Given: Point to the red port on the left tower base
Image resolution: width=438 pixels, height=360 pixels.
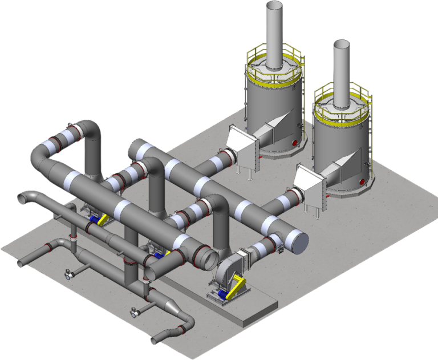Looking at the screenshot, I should click(295, 142).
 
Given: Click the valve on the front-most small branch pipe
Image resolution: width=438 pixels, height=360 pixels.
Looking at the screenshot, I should click(135, 312).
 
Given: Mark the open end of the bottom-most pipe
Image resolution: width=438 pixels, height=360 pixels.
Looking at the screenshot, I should click(155, 341).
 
